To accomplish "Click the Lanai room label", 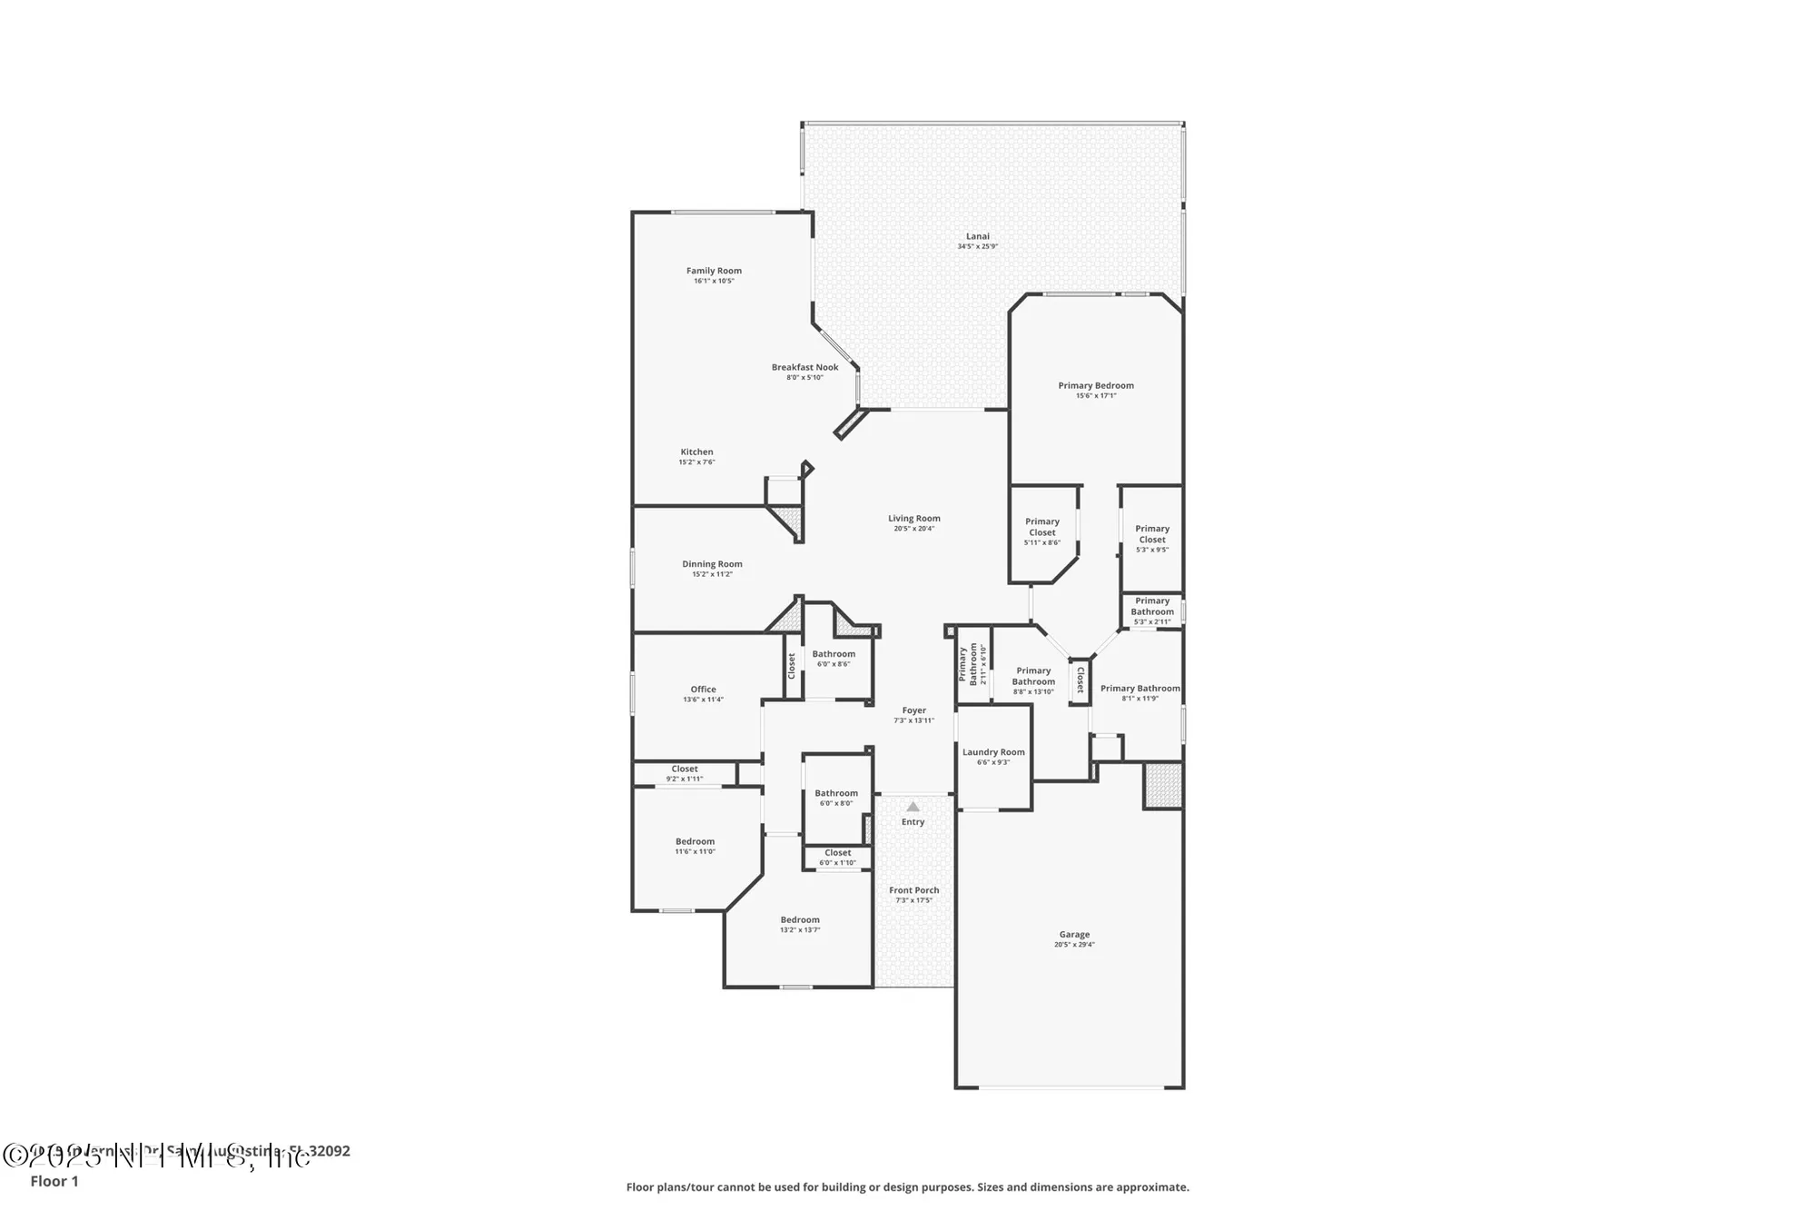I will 977,236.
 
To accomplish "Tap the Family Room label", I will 714,271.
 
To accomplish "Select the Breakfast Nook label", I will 804,367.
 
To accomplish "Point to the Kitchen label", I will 696,452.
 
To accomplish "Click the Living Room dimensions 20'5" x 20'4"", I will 913,529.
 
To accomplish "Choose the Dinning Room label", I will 712,564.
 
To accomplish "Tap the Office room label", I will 703,690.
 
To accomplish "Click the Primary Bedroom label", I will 1095,385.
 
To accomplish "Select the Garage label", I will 1074,934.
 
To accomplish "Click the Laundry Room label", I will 993,752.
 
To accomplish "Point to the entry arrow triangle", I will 913,807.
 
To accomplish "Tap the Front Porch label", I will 913,890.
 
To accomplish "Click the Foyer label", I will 913,710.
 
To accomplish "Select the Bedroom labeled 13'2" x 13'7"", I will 799,919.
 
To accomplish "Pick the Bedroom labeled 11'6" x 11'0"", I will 695,841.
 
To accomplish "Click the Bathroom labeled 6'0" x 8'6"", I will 833,654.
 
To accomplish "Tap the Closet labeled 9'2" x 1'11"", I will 685,769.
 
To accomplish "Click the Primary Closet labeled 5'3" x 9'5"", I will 1151,534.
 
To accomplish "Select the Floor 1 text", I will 54,1181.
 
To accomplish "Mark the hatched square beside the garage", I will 1162,786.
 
